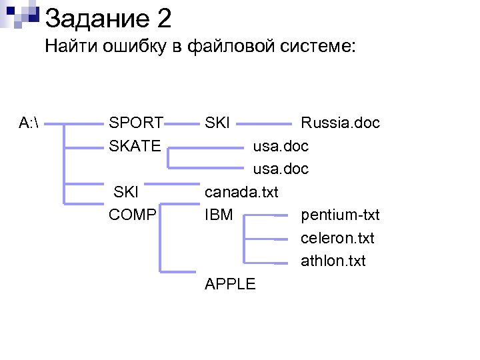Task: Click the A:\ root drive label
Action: click(x=29, y=123)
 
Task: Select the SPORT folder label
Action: click(x=136, y=123)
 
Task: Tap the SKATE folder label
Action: click(x=135, y=145)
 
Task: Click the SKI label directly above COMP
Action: click(x=127, y=193)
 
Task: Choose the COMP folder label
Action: click(x=133, y=215)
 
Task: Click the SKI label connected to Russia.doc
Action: click(x=217, y=123)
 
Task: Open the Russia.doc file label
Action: click(x=340, y=123)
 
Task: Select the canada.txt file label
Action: click(x=241, y=193)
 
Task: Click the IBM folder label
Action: click(x=219, y=215)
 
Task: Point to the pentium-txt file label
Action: click(x=340, y=215)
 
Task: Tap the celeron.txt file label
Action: click(x=337, y=238)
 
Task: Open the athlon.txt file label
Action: click(x=333, y=261)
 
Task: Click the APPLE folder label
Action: click(x=230, y=284)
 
